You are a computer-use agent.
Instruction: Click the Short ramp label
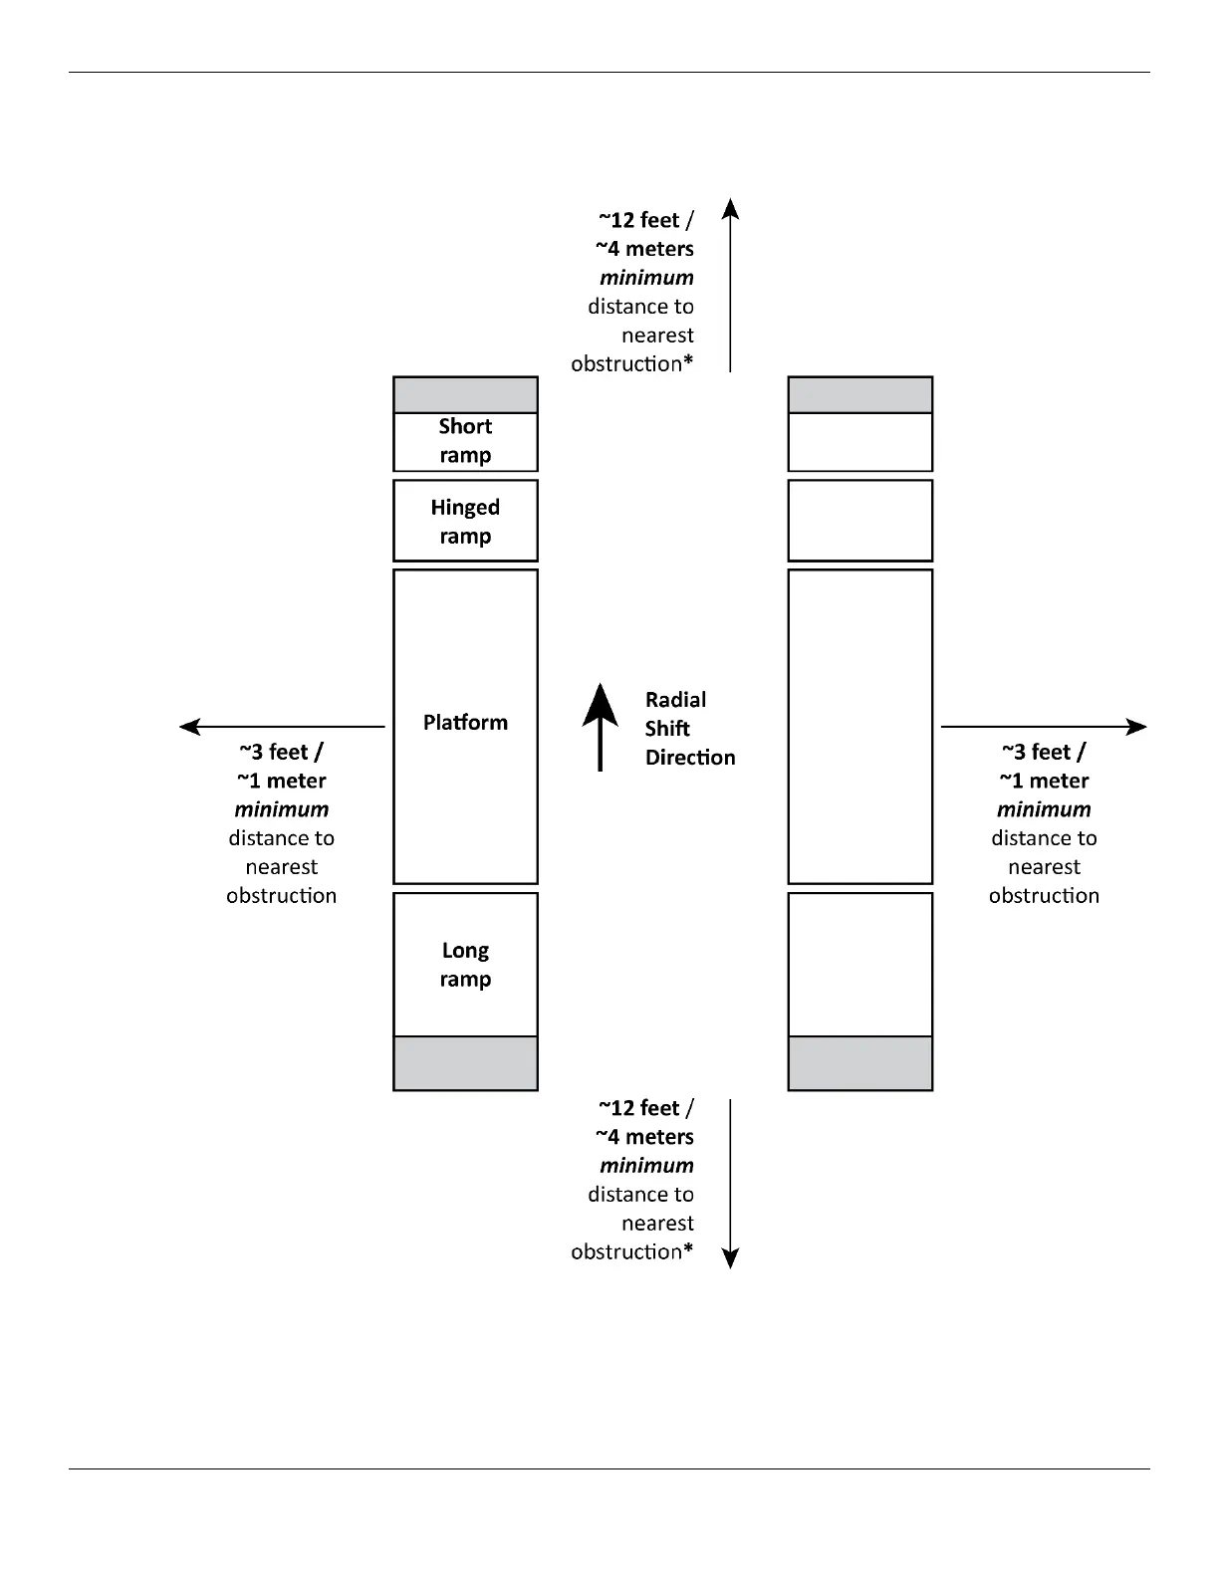(x=465, y=440)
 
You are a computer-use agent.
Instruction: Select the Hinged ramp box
(x=465, y=521)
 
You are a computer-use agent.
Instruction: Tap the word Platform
(x=465, y=723)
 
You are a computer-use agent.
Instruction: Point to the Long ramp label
(x=465, y=965)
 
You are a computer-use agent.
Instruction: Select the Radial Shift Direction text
(x=688, y=729)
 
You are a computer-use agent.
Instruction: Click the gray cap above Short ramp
(x=465, y=395)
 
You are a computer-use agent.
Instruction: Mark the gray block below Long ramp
(x=465, y=1063)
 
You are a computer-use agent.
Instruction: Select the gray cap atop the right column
(x=859, y=395)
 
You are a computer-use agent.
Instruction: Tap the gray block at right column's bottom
(x=859, y=1063)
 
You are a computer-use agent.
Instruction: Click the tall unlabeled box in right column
(x=859, y=727)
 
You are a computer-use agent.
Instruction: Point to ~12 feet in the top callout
(x=639, y=220)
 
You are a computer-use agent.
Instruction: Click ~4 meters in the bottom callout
(x=644, y=1137)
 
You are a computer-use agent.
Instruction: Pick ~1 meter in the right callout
(x=1044, y=782)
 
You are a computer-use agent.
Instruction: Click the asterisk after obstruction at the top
(x=688, y=362)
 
